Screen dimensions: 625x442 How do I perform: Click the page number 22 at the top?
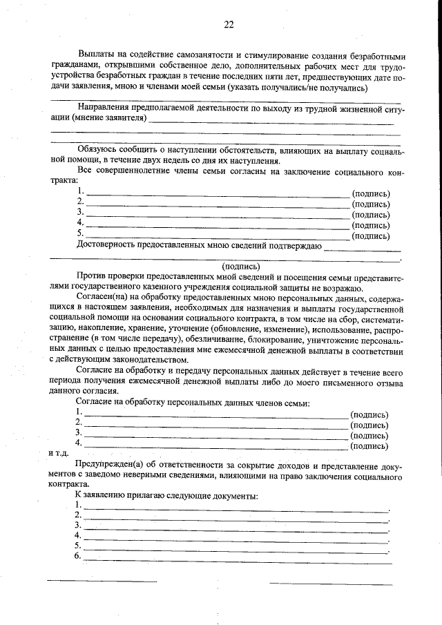(x=229, y=25)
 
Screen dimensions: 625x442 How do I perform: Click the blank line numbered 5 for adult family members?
(x=217, y=236)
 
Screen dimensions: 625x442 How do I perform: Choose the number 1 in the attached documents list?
(x=79, y=506)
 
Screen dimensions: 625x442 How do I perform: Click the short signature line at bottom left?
(x=101, y=581)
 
